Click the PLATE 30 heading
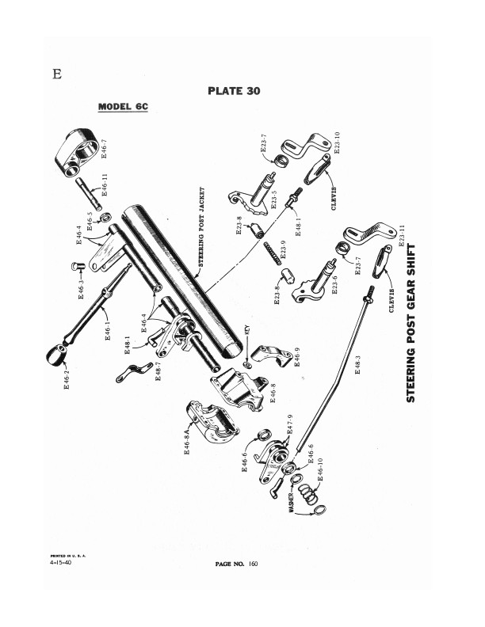234,91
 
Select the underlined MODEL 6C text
123,107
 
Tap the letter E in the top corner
57,74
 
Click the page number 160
253,564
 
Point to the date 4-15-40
61,562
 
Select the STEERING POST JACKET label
201,226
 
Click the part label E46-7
104,148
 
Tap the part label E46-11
105,184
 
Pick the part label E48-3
357,365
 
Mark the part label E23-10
337,142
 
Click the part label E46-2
67,380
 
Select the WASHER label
291,503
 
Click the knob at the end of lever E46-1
56,355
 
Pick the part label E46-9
297,357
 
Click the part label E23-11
402,236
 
